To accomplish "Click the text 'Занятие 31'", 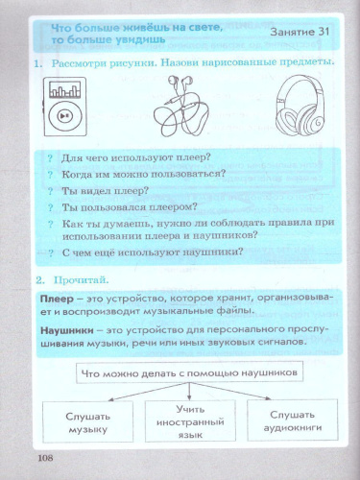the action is [301, 32].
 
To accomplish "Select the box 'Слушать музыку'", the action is [88, 423].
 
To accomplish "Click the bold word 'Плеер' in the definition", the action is [58, 300].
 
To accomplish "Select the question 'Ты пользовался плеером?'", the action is [130, 206].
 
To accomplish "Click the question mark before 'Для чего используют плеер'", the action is [51, 157].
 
